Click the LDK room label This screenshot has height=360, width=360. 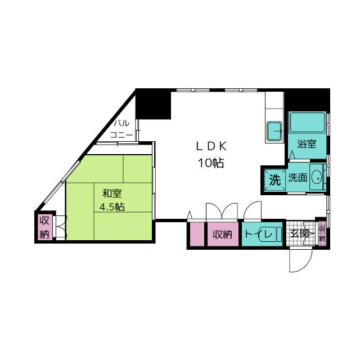click(211, 146)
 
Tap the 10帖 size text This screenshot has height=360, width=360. click(211, 163)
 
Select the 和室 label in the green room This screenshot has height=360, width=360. click(112, 193)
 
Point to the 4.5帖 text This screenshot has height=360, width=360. click(112, 207)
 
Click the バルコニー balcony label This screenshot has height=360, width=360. click(121, 129)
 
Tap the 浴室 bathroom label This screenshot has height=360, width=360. click(307, 144)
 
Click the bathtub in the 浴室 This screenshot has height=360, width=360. click(308, 122)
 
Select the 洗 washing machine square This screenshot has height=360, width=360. click(275, 179)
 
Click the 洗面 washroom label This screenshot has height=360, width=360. click(298, 177)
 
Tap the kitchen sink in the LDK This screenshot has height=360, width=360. click(274, 131)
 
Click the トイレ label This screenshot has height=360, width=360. click(259, 234)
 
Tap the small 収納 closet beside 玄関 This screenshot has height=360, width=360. click(322, 233)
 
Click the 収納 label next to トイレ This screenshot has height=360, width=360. click(222, 235)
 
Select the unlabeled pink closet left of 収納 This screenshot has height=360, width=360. click(197, 234)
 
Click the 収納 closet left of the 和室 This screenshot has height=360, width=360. click(45, 227)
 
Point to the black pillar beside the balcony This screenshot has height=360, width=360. click(154, 105)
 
